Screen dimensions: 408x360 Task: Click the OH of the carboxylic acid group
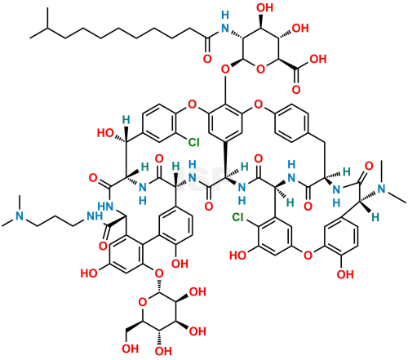click(x=318, y=59)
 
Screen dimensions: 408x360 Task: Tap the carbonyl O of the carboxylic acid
click(x=296, y=89)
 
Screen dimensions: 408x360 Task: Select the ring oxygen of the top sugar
click(x=260, y=69)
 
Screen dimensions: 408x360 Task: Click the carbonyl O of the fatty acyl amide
click(x=207, y=59)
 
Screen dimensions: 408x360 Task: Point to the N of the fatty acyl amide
click(x=225, y=28)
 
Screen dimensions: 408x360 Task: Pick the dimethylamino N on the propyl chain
click(x=20, y=216)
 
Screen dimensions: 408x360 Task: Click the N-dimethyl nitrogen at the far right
click(x=382, y=189)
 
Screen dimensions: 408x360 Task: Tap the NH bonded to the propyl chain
click(x=94, y=216)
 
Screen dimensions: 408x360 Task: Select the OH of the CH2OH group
click(x=131, y=349)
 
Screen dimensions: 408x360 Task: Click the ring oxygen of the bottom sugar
click(x=142, y=301)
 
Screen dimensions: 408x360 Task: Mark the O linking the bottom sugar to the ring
click(x=159, y=273)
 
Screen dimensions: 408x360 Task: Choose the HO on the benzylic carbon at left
click(x=105, y=133)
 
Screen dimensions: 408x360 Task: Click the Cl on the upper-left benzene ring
click(x=194, y=142)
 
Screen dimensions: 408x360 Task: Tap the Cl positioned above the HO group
click(x=238, y=217)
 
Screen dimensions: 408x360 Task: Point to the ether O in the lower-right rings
click(x=308, y=256)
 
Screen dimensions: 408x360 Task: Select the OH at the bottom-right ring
click(x=345, y=274)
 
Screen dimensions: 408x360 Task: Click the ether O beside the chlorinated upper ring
click(x=192, y=104)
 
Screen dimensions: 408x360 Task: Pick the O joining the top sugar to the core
click(x=225, y=69)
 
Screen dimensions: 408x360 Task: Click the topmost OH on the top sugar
click(x=264, y=7)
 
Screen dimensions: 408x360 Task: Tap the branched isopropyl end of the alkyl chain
click(x=47, y=28)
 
